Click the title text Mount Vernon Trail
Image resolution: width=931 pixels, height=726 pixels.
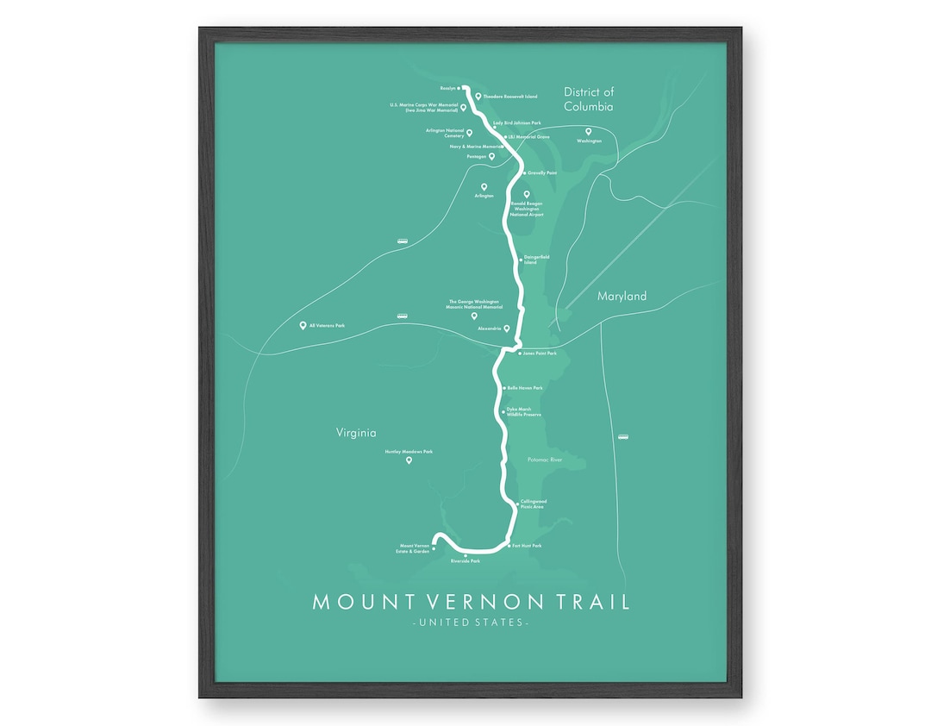471,601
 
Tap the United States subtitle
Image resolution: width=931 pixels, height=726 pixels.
471,623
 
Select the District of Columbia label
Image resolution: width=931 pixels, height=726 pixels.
589,99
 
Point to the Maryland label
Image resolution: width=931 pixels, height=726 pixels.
622,296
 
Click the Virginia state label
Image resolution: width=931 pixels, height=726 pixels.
357,433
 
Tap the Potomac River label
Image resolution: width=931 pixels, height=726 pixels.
544,460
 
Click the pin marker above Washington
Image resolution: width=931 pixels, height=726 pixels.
589,131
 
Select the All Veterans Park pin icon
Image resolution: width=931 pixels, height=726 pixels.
303,325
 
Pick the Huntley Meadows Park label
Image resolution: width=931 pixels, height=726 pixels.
409,451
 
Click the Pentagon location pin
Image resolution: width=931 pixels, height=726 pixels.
491,157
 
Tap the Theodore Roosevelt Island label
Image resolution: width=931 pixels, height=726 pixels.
510,97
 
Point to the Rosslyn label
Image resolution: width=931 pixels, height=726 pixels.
447,88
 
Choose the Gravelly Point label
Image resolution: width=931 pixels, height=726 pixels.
542,172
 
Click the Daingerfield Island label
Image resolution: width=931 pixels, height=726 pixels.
536,259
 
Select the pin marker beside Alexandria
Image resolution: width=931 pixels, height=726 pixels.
507,329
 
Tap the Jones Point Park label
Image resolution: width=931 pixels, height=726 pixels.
540,353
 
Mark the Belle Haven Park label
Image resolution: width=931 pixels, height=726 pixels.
525,388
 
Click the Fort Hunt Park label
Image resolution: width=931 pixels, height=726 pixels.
526,546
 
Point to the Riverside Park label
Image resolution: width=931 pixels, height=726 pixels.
465,561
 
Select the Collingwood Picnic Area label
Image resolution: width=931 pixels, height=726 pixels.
533,504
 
